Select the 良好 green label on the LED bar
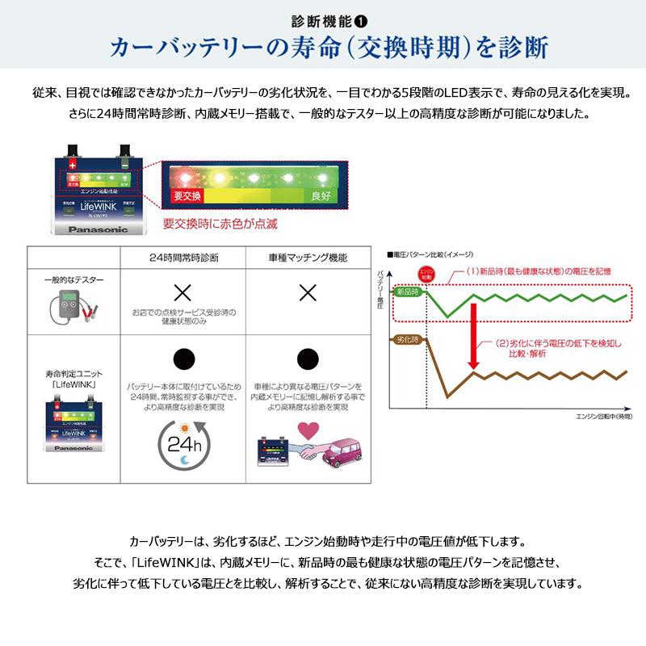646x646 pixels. (x=321, y=195)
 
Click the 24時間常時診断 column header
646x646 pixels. (x=183, y=258)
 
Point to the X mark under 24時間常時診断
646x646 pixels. (x=183, y=293)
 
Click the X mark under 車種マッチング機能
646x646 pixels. (x=308, y=293)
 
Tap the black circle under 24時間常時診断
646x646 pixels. (x=183, y=359)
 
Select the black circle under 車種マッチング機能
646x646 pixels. (x=308, y=359)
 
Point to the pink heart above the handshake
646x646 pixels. (x=308, y=428)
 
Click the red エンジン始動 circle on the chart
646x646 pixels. (x=428, y=275)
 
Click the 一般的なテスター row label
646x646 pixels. (x=74, y=279)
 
